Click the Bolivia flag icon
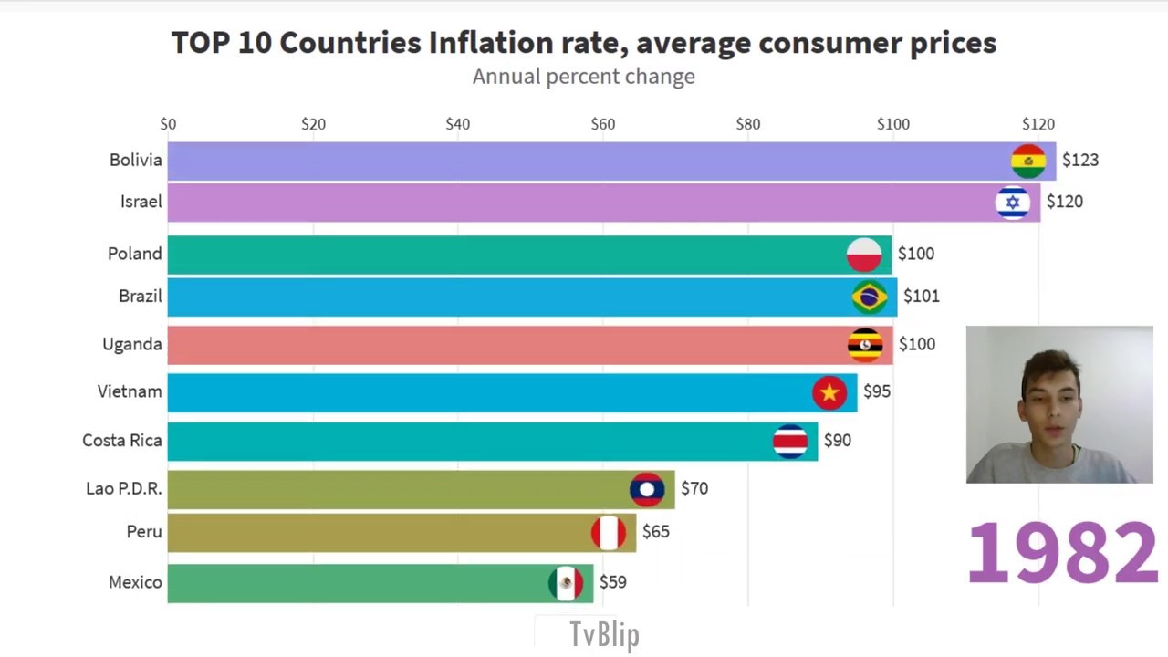tap(1028, 162)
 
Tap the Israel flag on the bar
tap(1012, 203)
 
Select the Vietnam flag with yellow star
tap(829, 392)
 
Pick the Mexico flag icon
tap(566, 583)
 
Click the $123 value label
tap(1080, 161)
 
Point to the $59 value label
tap(612, 582)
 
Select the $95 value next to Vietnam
tap(876, 391)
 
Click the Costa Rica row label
tap(121, 441)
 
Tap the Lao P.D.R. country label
tap(123, 489)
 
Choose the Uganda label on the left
tap(131, 344)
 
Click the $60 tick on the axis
tap(602, 124)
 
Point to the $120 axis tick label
tap(1038, 124)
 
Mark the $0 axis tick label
tap(168, 124)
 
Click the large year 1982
tap(1061, 553)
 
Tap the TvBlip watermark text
tap(604, 634)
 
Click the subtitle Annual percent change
tap(583, 77)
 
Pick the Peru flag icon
tap(609, 533)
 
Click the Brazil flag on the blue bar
tap(869, 297)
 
